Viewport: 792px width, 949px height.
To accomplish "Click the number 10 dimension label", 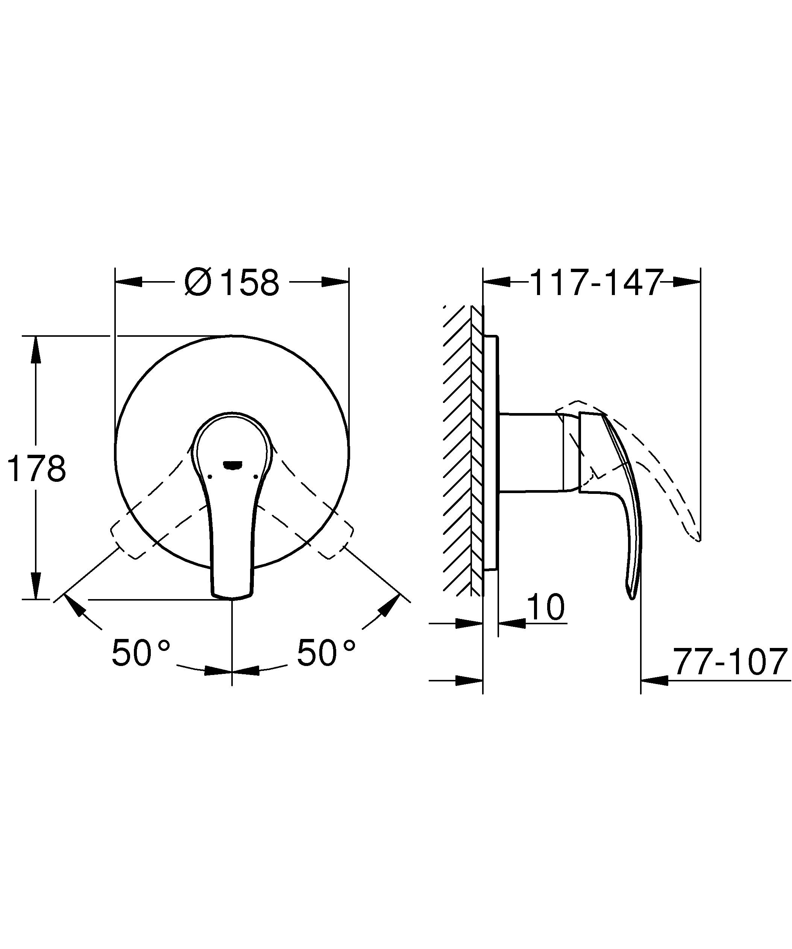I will pyautogui.click(x=546, y=607).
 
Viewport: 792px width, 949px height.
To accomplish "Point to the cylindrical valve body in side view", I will pyautogui.click(x=531, y=451).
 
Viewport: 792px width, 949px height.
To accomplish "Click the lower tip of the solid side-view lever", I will pyautogui.click(x=631, y=596).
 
